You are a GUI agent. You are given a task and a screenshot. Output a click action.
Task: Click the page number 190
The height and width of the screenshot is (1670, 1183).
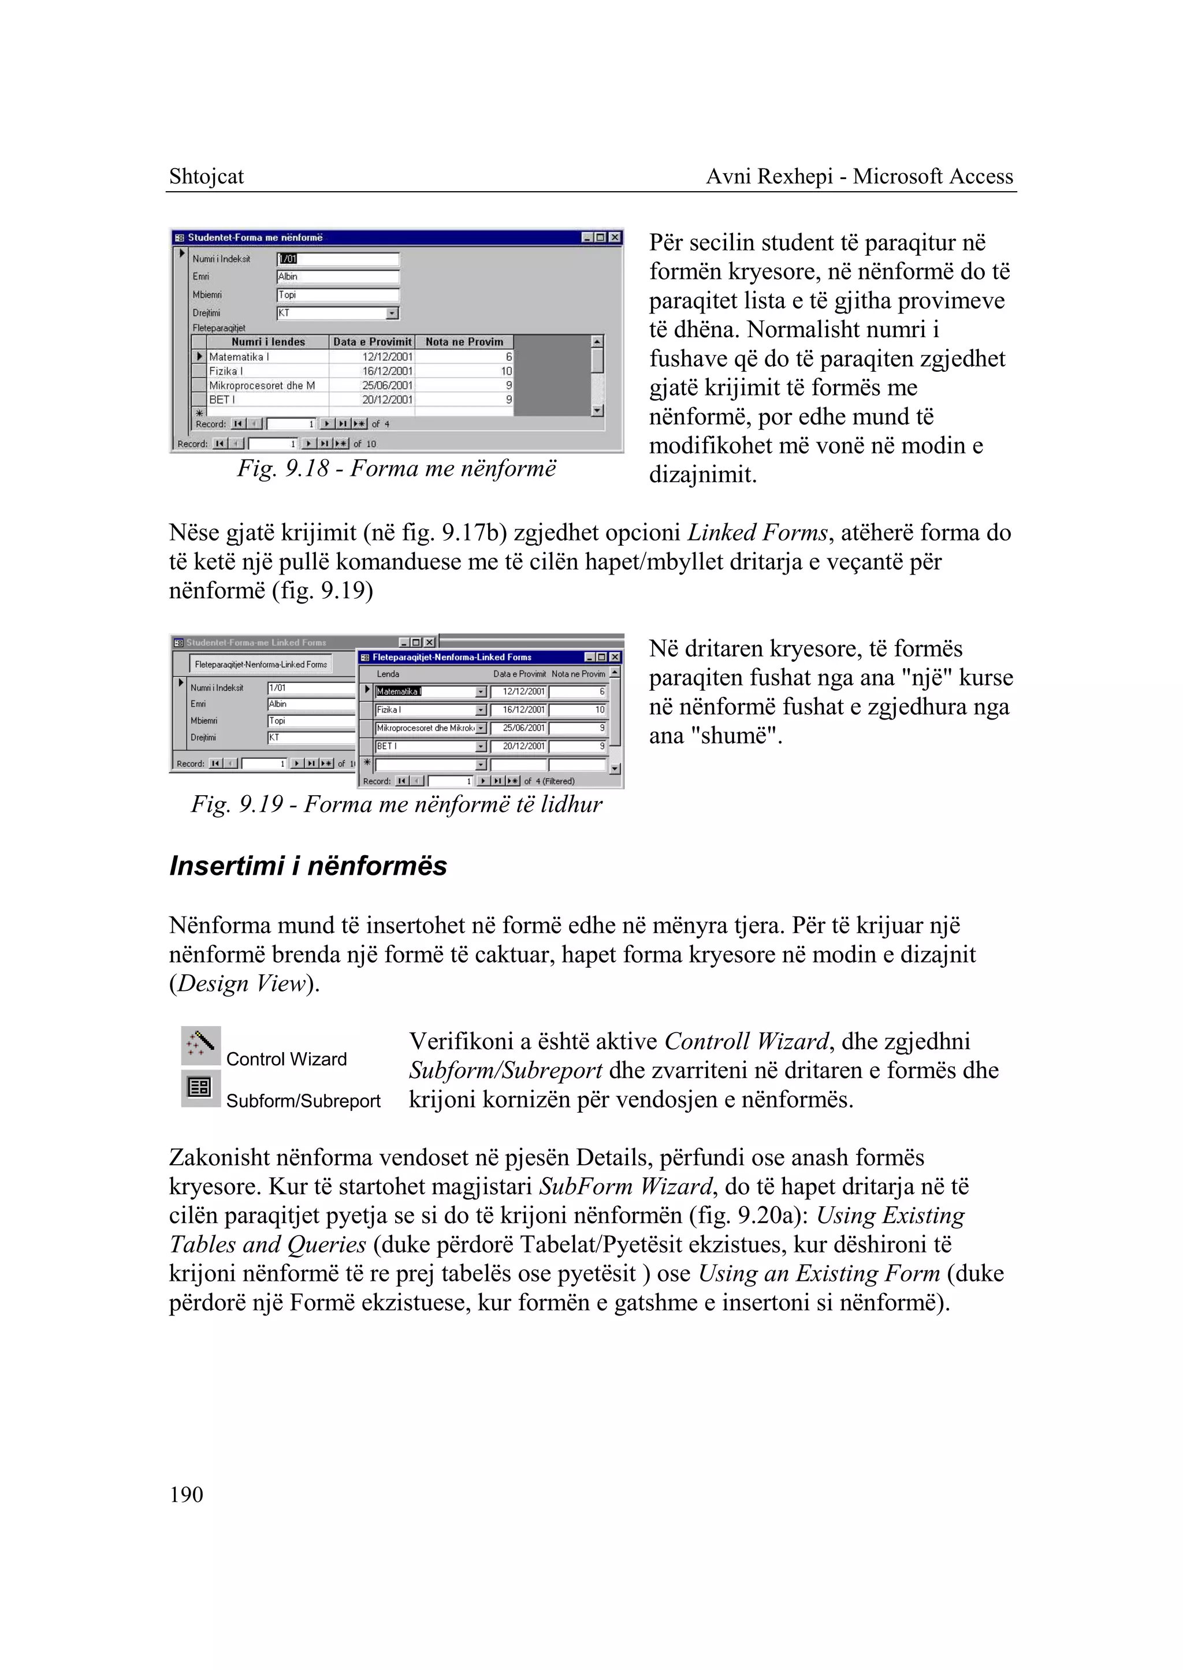coord(186,1494)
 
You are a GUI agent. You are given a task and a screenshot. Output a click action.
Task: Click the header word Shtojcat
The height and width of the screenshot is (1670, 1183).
coord(206,176)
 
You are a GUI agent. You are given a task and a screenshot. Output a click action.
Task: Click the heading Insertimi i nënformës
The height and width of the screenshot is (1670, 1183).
coord(307,866)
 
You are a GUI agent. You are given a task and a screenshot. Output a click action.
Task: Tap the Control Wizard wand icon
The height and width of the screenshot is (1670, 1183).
coord(200,1045)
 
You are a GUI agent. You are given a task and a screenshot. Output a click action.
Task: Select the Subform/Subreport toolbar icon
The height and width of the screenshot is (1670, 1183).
coord(200,1087)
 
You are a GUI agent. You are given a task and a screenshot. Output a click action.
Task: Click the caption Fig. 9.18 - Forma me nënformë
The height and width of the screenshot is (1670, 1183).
coord(396,468)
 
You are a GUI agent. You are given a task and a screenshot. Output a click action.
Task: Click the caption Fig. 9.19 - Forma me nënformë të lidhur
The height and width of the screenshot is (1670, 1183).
coord(396,804)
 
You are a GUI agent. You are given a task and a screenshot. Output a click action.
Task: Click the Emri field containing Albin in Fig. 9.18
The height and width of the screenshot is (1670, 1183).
coord(337,277)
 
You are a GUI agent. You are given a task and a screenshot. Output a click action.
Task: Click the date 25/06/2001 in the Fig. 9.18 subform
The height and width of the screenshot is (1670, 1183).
coord(387,385)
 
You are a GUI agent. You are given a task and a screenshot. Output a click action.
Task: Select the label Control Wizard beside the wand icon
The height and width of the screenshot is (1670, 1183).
coord(287,1059)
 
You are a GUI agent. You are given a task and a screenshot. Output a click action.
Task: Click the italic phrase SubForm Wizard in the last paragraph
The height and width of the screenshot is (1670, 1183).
coord(626,1187)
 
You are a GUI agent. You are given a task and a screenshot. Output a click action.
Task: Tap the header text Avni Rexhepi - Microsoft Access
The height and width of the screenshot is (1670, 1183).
coord(860,176)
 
